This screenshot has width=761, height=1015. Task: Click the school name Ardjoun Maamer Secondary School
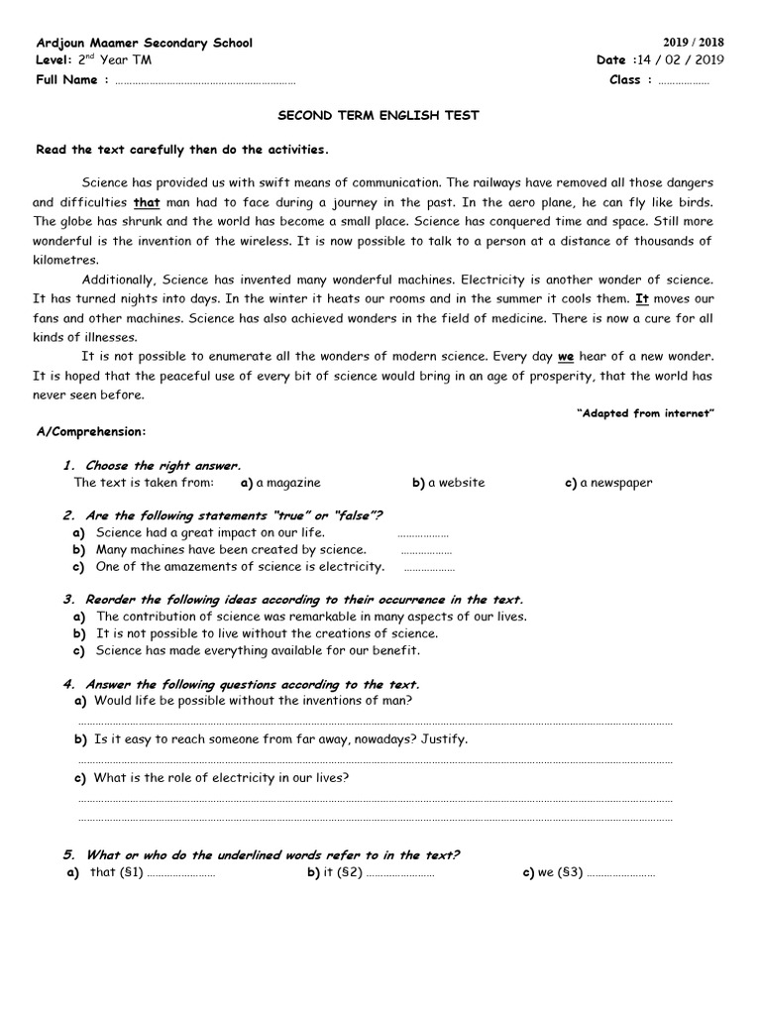coord(144,43)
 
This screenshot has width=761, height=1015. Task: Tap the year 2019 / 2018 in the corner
coord(693,43)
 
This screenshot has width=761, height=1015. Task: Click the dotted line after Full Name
coord(205,81)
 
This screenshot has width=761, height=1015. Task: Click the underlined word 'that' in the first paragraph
coord(147,203)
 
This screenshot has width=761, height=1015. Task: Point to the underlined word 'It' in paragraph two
coord(641,298)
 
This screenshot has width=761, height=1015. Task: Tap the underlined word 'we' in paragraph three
coord(566,356)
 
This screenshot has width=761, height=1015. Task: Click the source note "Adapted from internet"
coord(645,413)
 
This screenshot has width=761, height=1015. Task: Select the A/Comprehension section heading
coord(91,432)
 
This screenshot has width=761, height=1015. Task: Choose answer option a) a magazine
coord(280,483)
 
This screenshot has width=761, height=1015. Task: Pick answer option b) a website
coord(449,483)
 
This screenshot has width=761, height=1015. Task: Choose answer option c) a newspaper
coord(608,483)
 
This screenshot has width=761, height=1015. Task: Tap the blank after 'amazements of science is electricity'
coord(430,568)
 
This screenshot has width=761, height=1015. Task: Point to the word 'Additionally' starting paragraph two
coord(119,280)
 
